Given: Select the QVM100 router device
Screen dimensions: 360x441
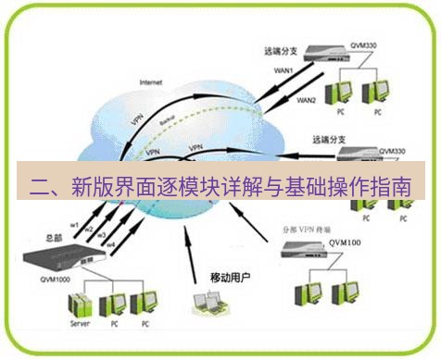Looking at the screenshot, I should pos(321,249).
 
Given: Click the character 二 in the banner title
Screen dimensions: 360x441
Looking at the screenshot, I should pos(40,181).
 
